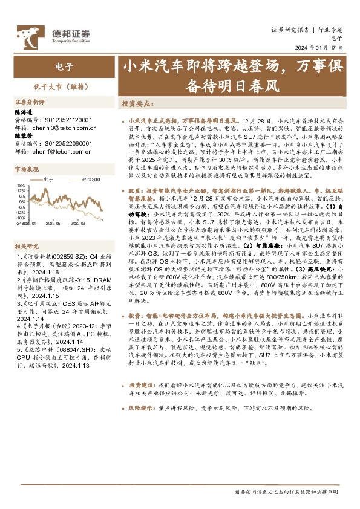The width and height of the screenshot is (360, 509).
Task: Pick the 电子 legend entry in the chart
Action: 51,180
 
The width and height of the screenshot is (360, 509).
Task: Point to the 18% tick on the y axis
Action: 21,186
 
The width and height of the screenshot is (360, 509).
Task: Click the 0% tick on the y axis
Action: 22,201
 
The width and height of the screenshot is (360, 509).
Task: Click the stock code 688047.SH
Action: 63,349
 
